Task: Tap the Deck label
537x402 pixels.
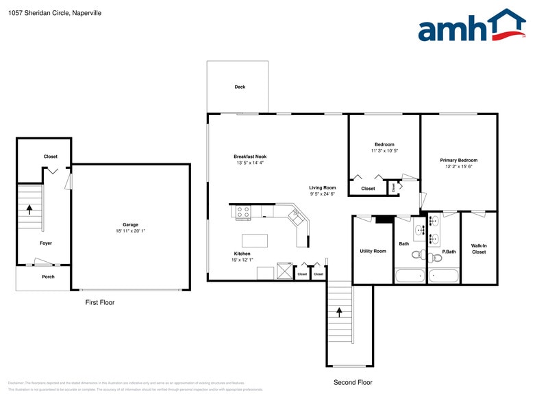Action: point(240,87)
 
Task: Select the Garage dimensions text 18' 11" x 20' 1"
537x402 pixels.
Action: point(130,231)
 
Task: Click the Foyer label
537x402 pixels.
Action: point(46,243)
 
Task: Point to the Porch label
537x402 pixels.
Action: point(48,277)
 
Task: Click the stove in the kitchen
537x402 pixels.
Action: point(243,213)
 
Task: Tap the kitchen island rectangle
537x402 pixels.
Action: point(255,241)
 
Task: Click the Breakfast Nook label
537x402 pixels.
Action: point(250,157)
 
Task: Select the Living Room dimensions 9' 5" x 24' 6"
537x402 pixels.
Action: point(323,194)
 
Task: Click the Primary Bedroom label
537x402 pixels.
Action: point(458,160)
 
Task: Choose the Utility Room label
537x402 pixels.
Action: point(373,251)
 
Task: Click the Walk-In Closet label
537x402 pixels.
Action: point(479,248)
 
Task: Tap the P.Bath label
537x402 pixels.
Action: point(449,252)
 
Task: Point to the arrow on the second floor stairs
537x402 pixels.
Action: point(339,312)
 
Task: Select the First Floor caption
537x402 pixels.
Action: point(100,302)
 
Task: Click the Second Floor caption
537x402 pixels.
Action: point(353,382)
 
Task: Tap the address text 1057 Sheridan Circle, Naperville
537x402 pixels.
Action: point(55,12)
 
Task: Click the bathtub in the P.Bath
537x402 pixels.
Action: point(444,276)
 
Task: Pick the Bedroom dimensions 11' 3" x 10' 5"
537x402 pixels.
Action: point(384,150)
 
